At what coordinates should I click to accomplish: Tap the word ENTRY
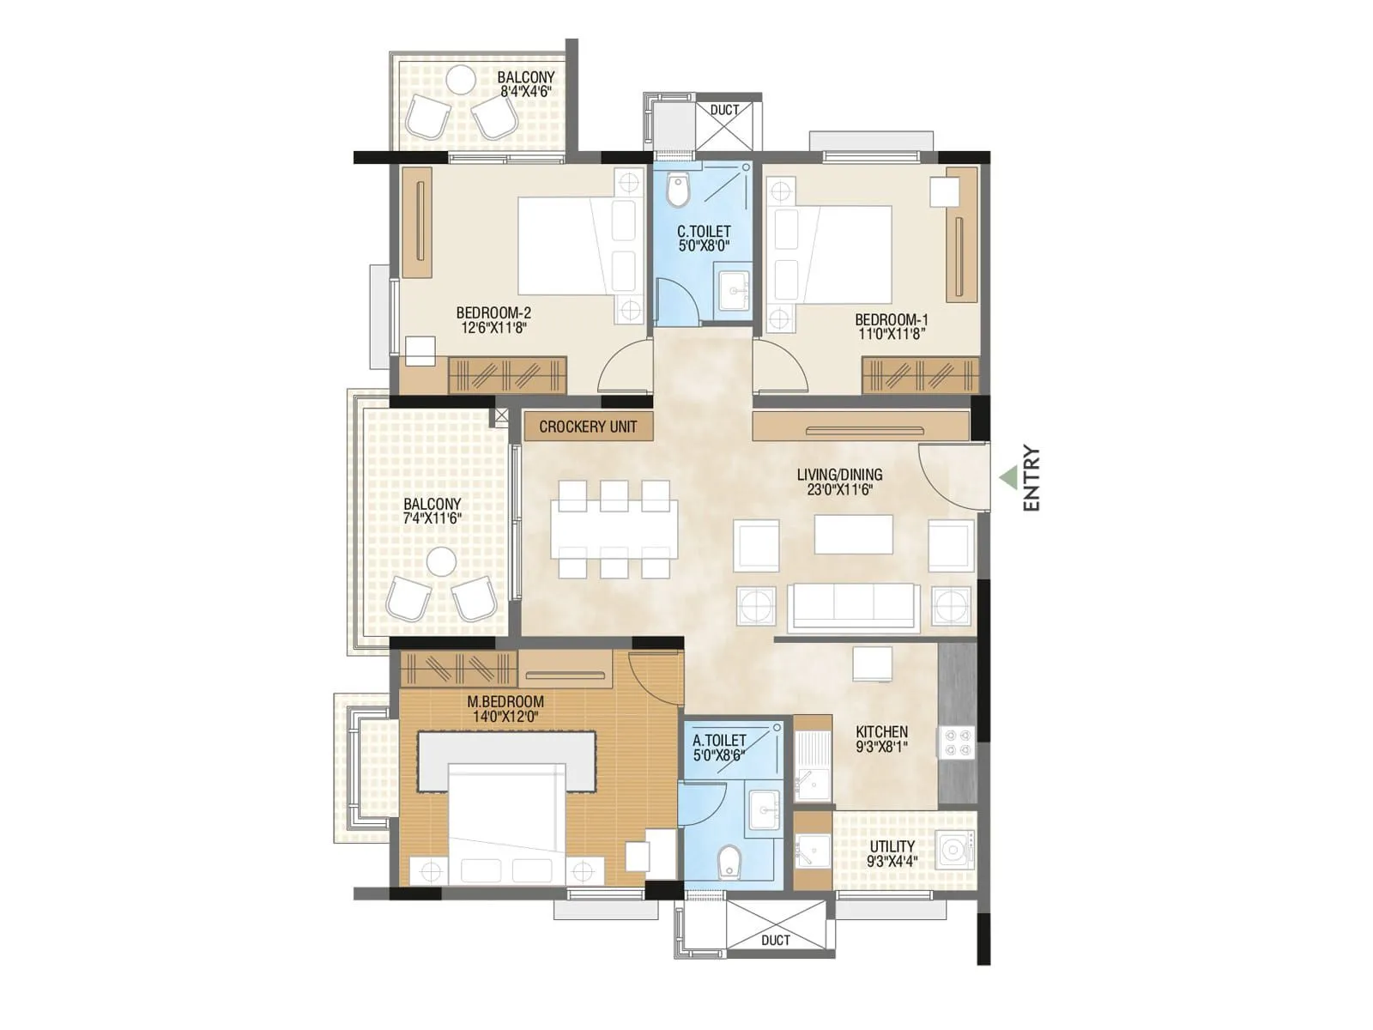pos(1031,478)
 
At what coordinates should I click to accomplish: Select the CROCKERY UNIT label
pos(588,427)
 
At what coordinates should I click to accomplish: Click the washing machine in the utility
pos(953,851)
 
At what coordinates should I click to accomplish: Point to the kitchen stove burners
pos(957,743)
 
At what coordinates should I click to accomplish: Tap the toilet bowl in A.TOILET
pos(729,861)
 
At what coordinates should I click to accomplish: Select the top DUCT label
pos(724,110)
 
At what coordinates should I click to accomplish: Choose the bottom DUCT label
pos(776,940)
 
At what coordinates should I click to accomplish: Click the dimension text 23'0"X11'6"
pos(839,490)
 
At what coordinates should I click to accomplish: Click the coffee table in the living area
pos(853,534)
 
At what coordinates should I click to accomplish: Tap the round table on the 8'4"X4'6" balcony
pos(460,80)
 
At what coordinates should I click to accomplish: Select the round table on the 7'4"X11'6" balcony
pos(441,562)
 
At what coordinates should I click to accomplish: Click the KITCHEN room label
pos(881,731)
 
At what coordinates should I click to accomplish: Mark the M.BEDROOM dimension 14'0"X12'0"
pos(505,716)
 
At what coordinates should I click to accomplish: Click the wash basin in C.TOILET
pos(735,290)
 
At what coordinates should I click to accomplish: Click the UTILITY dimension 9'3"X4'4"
pos(892,861)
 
